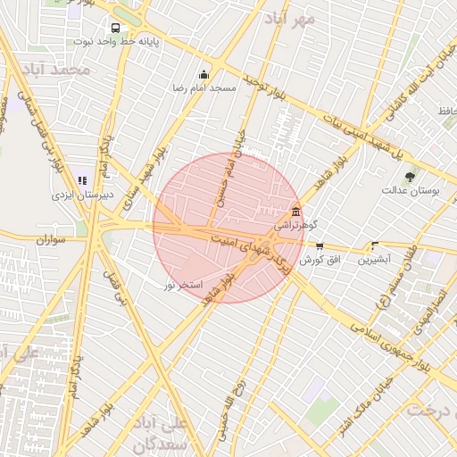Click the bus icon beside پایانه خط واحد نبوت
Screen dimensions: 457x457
click(x=115, y=28)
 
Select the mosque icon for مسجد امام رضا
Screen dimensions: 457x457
click(x=204, y=75)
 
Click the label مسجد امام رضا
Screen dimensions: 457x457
click(x=204, y=88)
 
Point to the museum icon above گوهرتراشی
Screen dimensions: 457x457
click(x=295, y=212)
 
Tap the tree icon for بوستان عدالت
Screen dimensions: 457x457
click(x=410, y=177)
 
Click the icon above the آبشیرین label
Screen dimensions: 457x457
click(x=374, y=245)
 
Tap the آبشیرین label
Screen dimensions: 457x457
click(x=374, y=260)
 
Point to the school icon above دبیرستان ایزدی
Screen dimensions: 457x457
click(x=83, y=180)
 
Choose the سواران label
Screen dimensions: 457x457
click(x=53, y=240)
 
